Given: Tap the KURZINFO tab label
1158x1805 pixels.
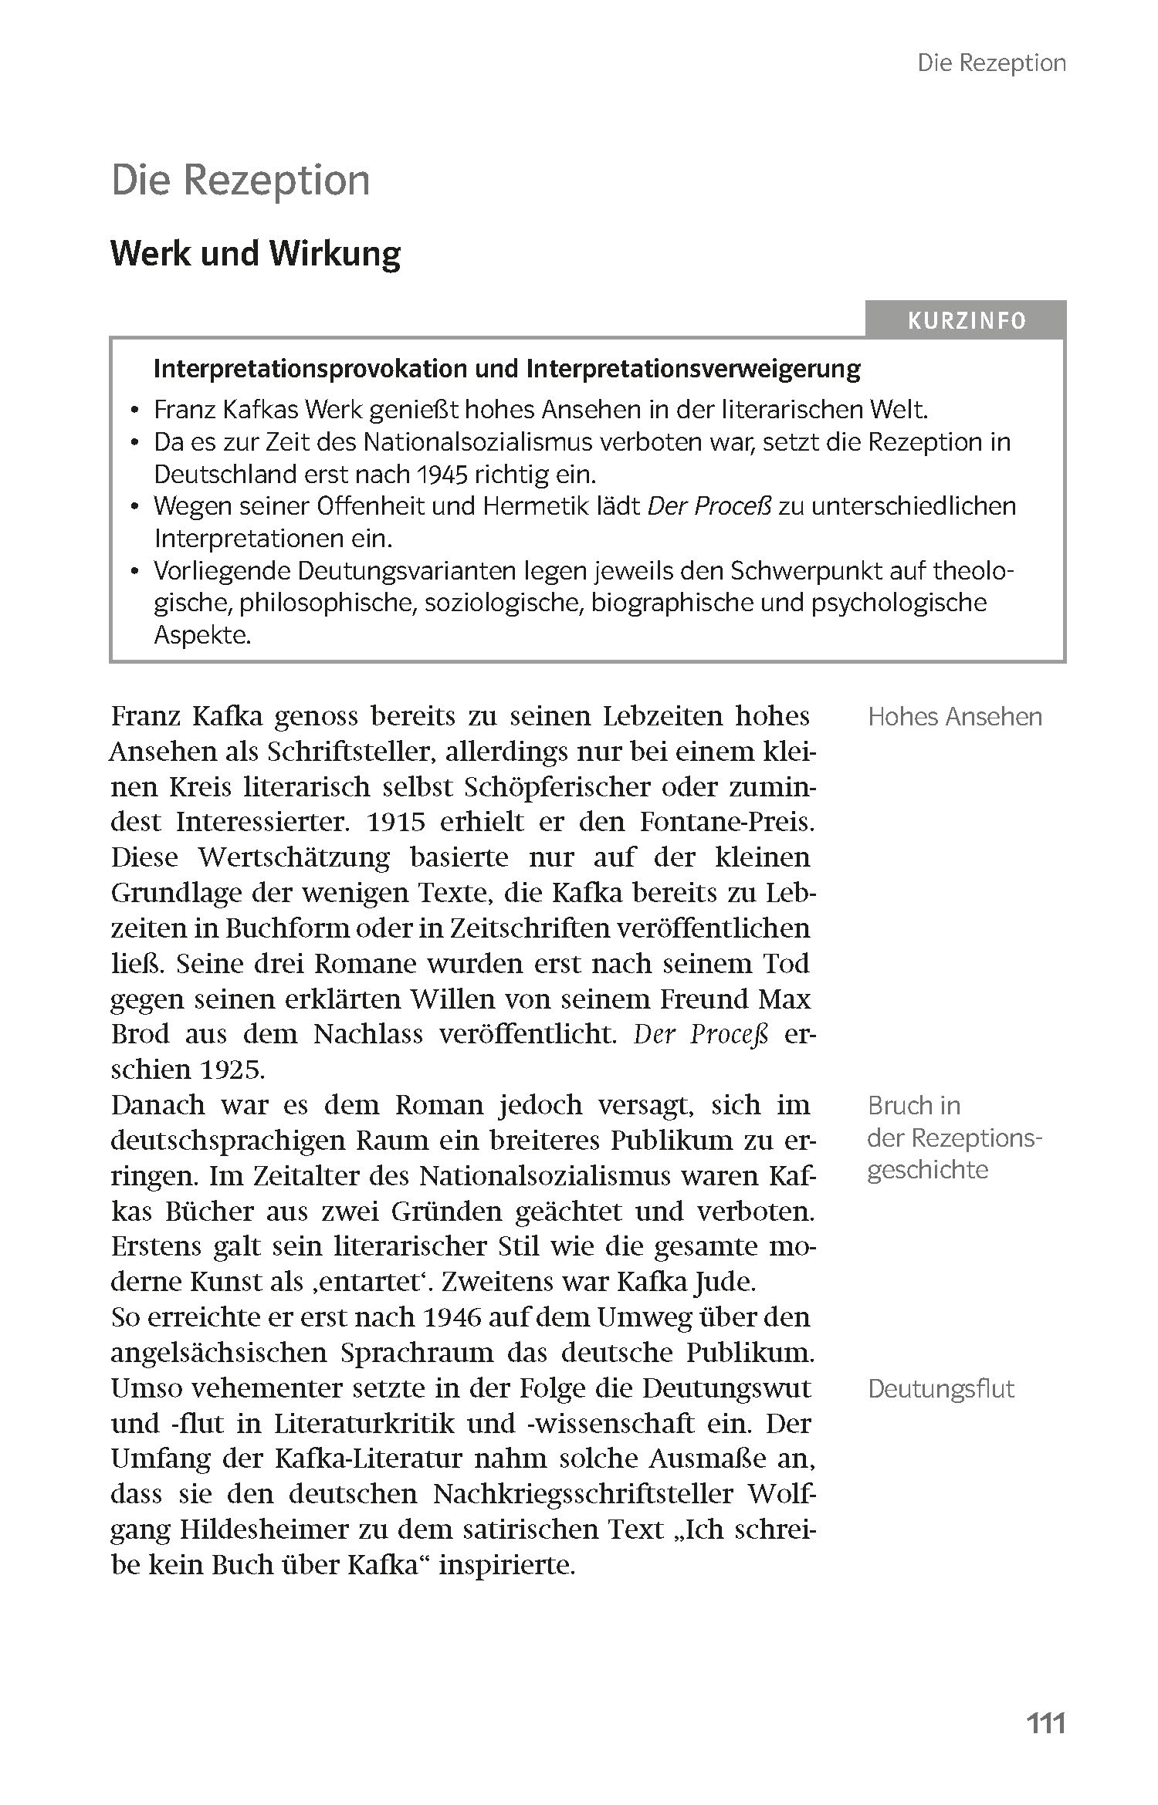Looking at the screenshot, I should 967,321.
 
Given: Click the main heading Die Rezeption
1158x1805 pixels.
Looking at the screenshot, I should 240,181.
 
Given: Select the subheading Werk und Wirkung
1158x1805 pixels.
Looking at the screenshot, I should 256,254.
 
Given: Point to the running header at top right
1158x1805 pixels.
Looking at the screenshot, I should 991,63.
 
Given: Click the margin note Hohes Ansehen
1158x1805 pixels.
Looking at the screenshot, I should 954,717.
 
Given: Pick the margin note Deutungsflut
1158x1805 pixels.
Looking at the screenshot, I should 940,1389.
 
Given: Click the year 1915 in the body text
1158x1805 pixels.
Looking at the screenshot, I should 396,822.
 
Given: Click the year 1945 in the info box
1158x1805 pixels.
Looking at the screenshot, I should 432,475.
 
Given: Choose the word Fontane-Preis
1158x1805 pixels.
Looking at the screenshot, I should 726,822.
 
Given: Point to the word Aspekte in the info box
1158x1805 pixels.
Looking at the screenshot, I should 202,635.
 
